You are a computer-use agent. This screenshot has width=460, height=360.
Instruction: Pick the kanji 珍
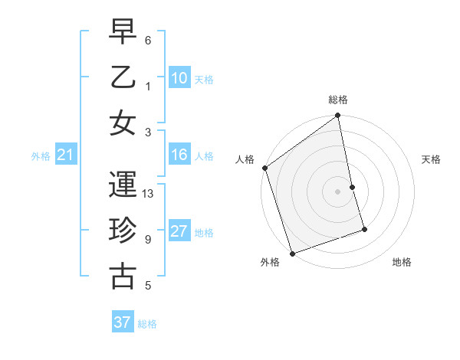[x=123, y=229]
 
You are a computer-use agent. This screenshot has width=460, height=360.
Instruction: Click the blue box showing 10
[x=179, y=77]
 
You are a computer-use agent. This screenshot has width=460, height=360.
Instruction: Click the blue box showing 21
[x=65, y=155]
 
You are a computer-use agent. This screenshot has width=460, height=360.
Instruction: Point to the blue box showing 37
[x=123, y=322]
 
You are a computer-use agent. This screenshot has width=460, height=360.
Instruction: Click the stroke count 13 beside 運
[x=149, y=194]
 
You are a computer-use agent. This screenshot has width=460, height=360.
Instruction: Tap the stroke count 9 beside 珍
[x=147, y=240]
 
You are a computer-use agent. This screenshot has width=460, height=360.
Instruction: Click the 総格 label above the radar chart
[x=338, y=100]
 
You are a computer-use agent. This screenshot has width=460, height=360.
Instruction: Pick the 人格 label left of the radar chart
[x=245, y=159]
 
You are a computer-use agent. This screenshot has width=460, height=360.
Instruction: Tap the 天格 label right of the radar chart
[x=431, y=159]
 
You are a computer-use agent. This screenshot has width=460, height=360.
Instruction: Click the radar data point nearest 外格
[x=292, y=254]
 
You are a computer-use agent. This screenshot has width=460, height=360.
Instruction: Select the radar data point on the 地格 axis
[x=364, y=229]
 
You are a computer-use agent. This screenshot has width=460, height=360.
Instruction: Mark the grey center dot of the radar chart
[x=338, y=191]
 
